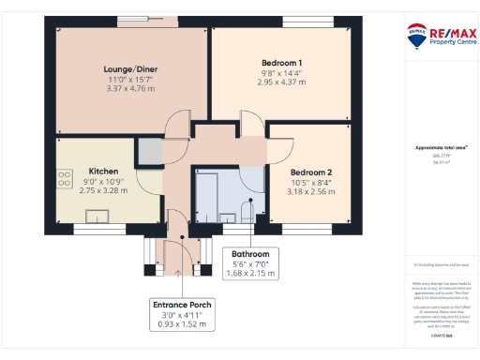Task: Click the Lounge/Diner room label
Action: click(x=130, y=69)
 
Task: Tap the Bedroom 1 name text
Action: click(x=281, y=62)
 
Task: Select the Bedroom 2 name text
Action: click(x=310, y=172)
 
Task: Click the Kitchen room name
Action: click(x=103, y=172)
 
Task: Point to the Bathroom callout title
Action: click(x=250, y=254)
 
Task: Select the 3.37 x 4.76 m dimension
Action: click(x=130, y=90)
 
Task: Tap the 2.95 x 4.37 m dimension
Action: click(x=281, y=82)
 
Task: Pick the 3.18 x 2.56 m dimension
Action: click(x=310, y=193)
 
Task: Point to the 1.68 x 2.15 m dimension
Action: click(x=250, y=274)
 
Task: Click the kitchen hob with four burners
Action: click(x=66, y=179)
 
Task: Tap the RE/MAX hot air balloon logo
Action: click(x=416, y=35)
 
